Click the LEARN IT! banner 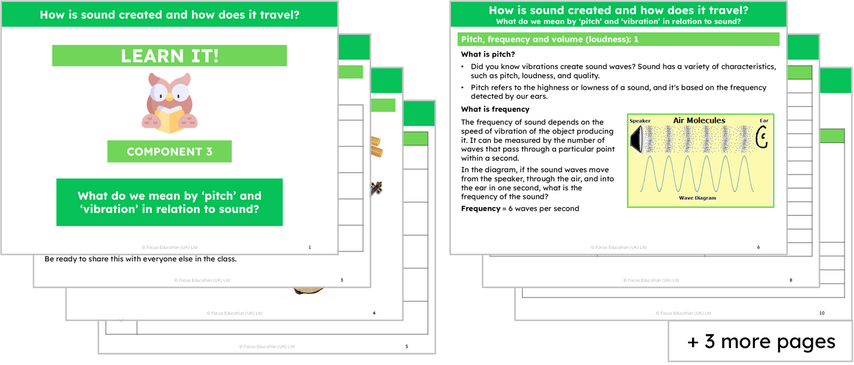tap(170, 56)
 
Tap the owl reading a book tap(169, 102)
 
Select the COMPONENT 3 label tap(169, 151)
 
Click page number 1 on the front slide tap(310, 247)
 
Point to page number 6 tap(758, 247)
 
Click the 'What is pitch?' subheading tap(488, 54)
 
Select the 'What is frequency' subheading tap(495, 109)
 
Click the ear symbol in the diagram tap(762, 139)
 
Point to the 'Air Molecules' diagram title tap(699, 121)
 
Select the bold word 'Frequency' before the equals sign tap(480, 208)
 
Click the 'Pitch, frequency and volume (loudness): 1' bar tap(618, 39)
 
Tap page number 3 tap(342, 280)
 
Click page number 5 tap(407, 346)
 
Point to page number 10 tap(821, 313)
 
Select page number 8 tap(791, 280)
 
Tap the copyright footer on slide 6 tap(618, 247)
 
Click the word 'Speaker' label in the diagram tap(639, 121)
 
